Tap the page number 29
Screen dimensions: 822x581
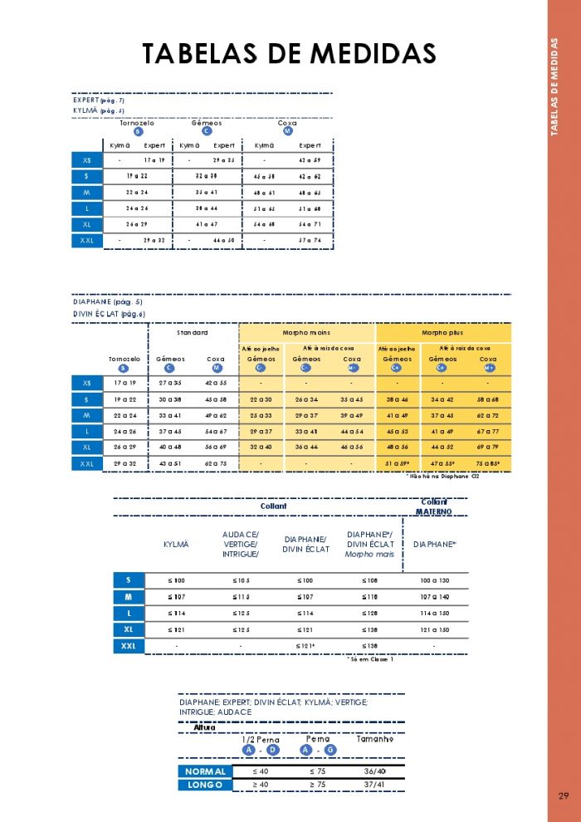564,796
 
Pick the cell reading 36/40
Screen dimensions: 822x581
375,771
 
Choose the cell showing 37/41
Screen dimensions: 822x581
375,785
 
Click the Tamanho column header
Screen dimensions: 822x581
374,739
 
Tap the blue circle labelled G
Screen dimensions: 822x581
330,750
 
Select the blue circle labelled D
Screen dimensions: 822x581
273,750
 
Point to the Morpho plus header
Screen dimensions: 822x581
442,332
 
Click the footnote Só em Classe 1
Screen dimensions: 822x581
370,658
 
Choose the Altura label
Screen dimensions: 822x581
204,727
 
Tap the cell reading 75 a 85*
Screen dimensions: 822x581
487,463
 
